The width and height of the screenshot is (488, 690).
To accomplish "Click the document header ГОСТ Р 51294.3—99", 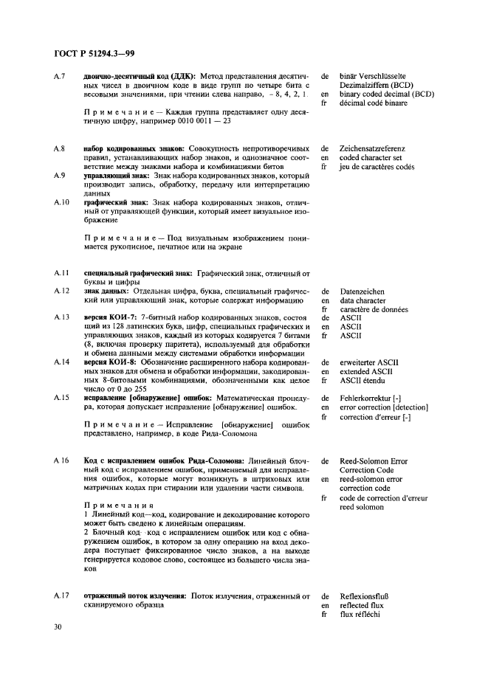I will tap(94, 54).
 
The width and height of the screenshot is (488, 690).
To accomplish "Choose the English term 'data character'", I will tap(362, 301).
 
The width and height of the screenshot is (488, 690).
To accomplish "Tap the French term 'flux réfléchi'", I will tap(360, 614).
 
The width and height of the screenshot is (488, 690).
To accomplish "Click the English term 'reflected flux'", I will tap(362, 605).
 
